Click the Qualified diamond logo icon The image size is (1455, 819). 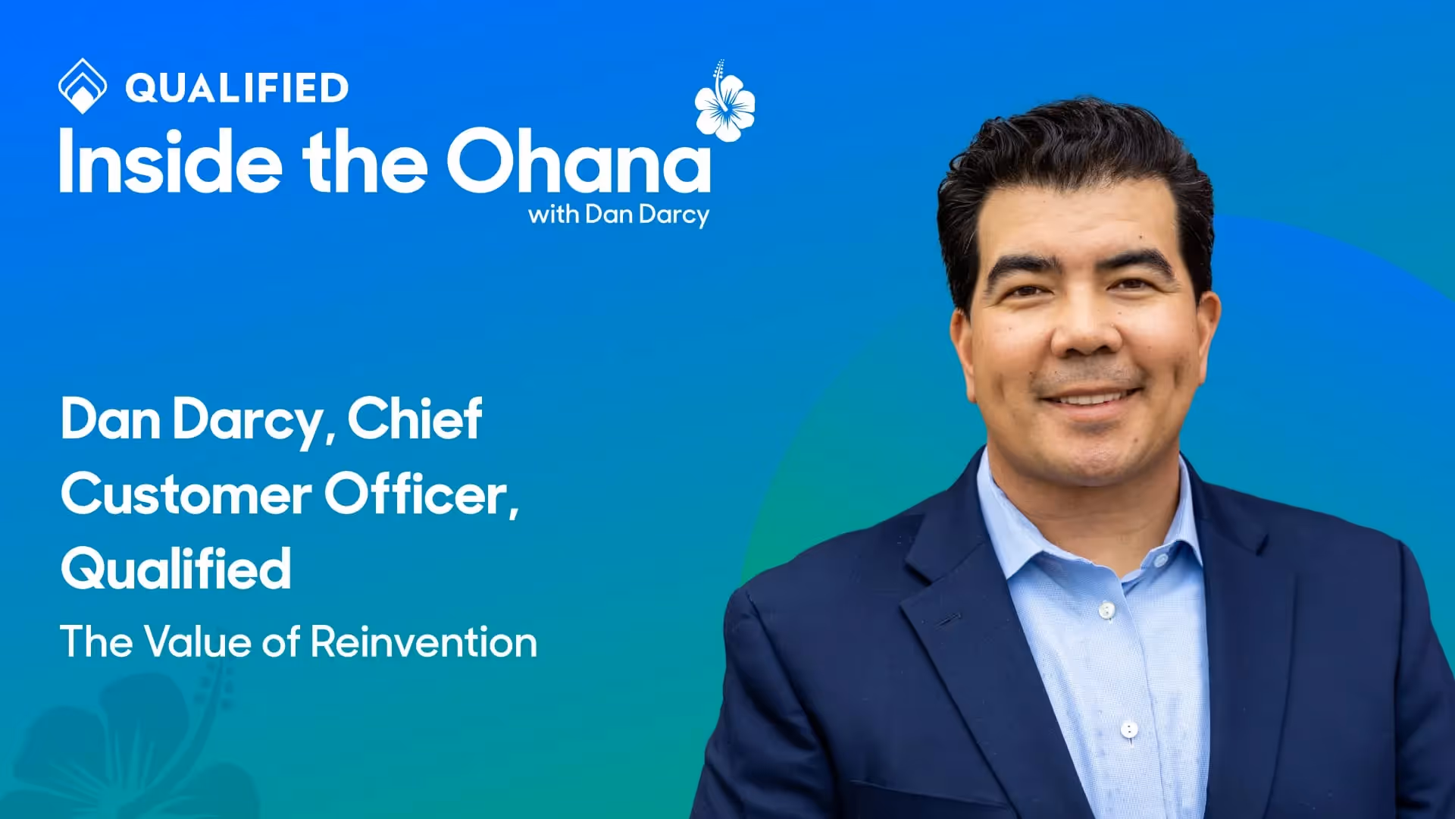82,86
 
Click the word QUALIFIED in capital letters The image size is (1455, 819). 236,88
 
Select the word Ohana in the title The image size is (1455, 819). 579,161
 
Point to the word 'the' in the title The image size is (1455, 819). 365,161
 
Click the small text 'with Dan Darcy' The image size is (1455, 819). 618,215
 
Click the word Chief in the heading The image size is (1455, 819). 415,419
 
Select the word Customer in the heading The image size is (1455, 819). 186,494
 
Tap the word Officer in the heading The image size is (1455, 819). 421,494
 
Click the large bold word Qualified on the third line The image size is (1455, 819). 176,569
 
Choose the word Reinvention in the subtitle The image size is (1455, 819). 424,642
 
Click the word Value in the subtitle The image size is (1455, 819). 197,642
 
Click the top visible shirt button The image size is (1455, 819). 1107,610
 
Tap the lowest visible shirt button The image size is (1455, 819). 1129,730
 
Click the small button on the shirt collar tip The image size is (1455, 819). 1160,560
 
